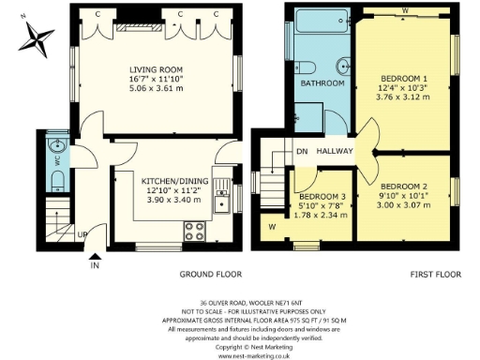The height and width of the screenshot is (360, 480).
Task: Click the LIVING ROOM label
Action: [156, 69]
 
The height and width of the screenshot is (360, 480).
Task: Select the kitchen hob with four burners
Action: [198, 227]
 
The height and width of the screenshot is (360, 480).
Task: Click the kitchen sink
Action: [222, 201]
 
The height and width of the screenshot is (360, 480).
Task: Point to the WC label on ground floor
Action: [54, 160]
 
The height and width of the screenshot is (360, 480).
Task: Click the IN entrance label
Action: [95, 265]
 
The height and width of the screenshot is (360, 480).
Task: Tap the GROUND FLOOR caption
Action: [210, 275]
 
